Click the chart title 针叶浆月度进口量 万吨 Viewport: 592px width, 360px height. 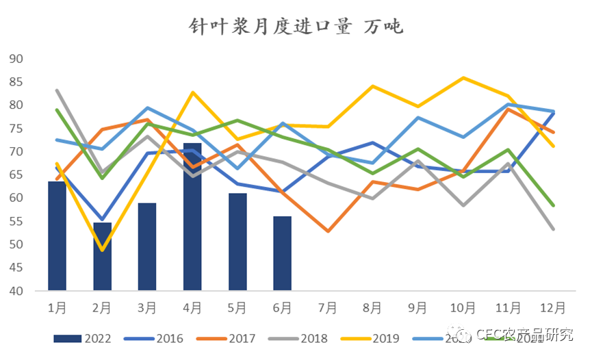pyautogui.click(x=296, y=27)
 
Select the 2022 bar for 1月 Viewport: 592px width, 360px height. pyautogui.click(x=57, y=235)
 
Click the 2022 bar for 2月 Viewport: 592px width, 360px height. pyautogui.click(x=102, y=256)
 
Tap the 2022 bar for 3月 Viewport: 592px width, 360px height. pyautogui.click(x=147, y=246)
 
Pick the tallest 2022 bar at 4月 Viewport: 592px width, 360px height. pyautogui.click(x=192, y=216)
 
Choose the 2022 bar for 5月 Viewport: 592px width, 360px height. pyautogui.click(x=237, y=242)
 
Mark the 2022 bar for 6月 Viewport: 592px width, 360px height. pyautogui.click(x=282, y=253)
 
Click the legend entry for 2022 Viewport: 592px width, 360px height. pyautogui.click(x=82, y=338)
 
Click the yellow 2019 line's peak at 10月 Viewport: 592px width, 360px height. pyautogui.click(x=463, y=78)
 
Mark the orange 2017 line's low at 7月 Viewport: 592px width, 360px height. pyautogui.click(x=328, y=231)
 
